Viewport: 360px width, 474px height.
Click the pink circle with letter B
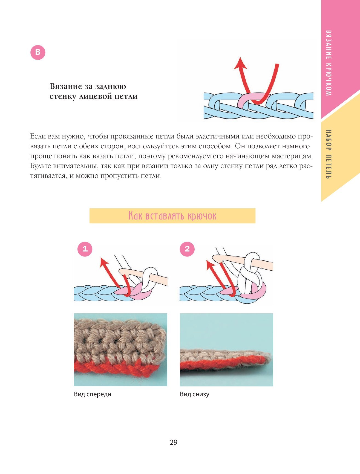click(x=38, y=52)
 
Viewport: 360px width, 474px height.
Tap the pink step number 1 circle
click(x=85, y=249)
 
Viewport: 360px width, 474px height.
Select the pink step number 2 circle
click(x=187, y=249)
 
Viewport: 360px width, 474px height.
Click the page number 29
click(x=174, y=442)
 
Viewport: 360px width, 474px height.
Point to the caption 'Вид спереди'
click(x=93, y=394)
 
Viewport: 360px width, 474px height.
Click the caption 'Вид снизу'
click(x=195, y=394)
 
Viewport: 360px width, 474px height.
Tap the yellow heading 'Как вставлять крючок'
click(x=172, y=216)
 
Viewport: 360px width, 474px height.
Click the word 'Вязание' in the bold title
click(x=66, y=86)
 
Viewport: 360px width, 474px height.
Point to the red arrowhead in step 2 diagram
click(x=210, y=265)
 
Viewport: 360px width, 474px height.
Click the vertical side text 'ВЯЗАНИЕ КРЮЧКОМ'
click(x=329, y=63)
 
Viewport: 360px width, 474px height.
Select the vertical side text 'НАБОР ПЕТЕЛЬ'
click(x=329, y=154)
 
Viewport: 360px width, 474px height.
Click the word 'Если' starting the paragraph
click(x=38, y=136)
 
